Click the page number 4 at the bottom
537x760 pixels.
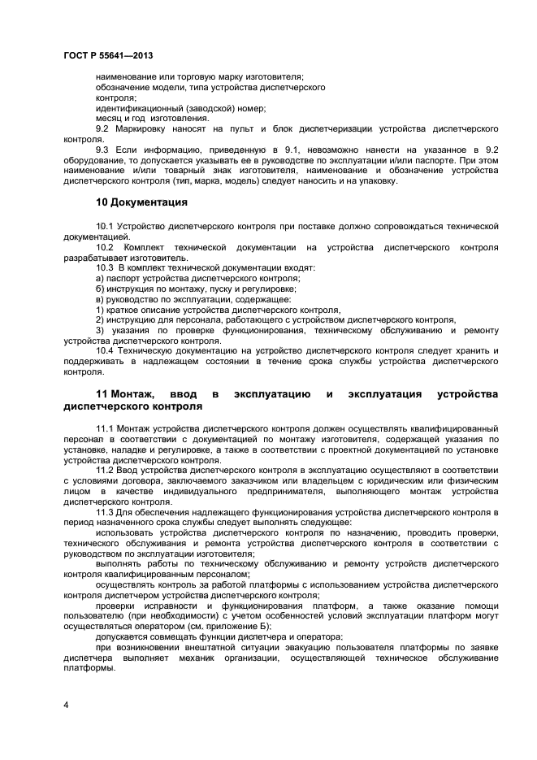pyautogui.click(x=66, y=705)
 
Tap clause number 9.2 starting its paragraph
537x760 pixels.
pyautogui.click(x=103, y=129)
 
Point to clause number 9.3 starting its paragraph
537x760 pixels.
pyautogui.click(x=103, y=150)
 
